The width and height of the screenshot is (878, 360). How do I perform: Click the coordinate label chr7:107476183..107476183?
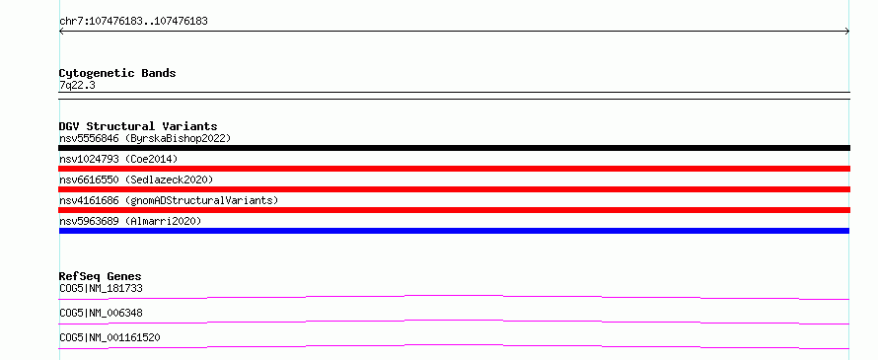pyautogui.click(x=133, y=22)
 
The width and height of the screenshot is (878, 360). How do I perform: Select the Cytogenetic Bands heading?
pyautogui.click(x=117, y=73)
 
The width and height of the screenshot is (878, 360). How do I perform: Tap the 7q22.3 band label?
pyautogui.click(x=77, y=85)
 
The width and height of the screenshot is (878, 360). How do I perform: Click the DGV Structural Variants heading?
pyautogui.click(x=138, y=126)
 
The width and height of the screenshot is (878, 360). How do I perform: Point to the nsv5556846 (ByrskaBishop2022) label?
pyautogui.click(x=145, y=138)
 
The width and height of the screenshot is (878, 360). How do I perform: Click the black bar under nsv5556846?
pyautogui.click(x=454, y=148)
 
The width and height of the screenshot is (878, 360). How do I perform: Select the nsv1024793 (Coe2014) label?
pyautogui.click(x=118, y=159)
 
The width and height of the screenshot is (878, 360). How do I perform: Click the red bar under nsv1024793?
pyautogui.click(x=454, y=169)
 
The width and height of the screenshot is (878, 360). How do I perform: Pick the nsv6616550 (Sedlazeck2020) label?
pyautogui.click(x=136, y=180)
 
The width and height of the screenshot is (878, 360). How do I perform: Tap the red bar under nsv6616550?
pyautogui.click(x=454, y=189)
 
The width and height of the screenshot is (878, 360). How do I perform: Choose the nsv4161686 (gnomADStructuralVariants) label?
pyautogui.click(x=169, y=200)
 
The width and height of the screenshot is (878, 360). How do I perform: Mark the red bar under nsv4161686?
pyautogui.click(x=454, y=210)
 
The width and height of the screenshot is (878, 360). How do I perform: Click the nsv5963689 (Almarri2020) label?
pyautogui.click(x=130, y=221)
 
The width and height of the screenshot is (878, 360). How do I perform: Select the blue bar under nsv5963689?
pyautogui.click(x=454, y=231)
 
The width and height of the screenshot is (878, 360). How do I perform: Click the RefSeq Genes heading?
pyautogui.click(x=101, y=276)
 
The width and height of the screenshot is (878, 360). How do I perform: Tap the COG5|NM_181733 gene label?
pyautogui.click(x=101, y=288)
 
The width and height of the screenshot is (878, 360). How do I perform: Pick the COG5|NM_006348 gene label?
pyautogui.click(x=101, y=313)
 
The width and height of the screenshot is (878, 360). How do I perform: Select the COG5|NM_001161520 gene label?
pyautogui.click(x=110, y=337)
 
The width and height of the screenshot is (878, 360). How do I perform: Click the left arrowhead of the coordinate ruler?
pyautogui.click(x=60, y=32)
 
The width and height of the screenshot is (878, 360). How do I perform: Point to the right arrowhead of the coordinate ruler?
pyautogui.click(x=848, y=32)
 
